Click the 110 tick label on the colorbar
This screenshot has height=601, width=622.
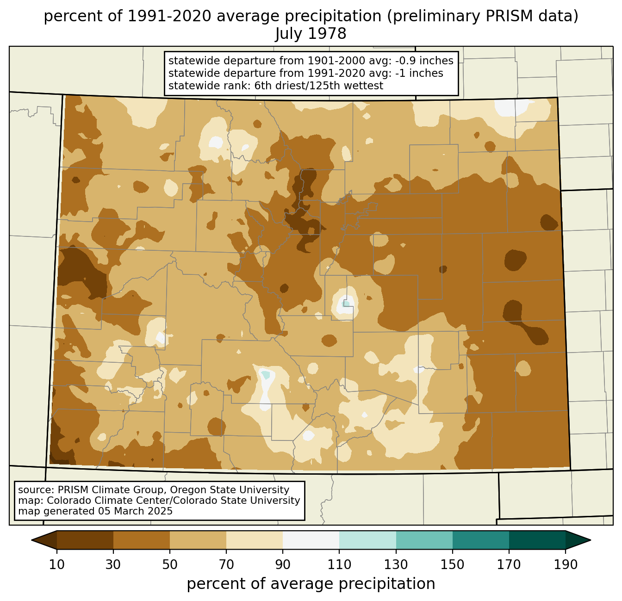coord(339,565)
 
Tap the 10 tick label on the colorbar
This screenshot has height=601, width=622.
coord(57,565)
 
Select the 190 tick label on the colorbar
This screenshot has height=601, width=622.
coord(566,565)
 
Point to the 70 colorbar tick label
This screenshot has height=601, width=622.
coord(226,565)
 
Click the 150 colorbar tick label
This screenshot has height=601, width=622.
coord(453,565)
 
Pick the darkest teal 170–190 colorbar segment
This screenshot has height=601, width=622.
coord(537,540)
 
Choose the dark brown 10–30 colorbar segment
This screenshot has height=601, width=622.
coord(85,540)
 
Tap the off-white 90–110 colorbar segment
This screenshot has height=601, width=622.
coord(311,540)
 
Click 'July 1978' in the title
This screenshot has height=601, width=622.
coord(311,34)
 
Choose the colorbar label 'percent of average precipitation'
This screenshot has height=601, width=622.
coord(311,584)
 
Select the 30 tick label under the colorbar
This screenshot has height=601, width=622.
coord(113,565)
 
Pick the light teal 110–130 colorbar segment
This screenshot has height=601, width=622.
coord(367,540)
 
